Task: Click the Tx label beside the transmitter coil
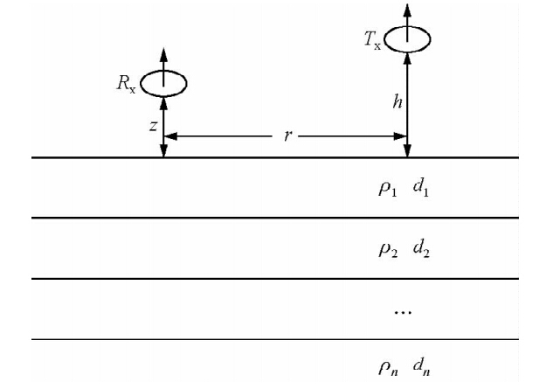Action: pos(372,41)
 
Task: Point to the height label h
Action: pos(396,103)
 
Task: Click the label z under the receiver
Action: pos(153,126)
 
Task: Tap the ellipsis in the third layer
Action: pos(401,310)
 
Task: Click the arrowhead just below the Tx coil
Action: pos(407,57)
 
